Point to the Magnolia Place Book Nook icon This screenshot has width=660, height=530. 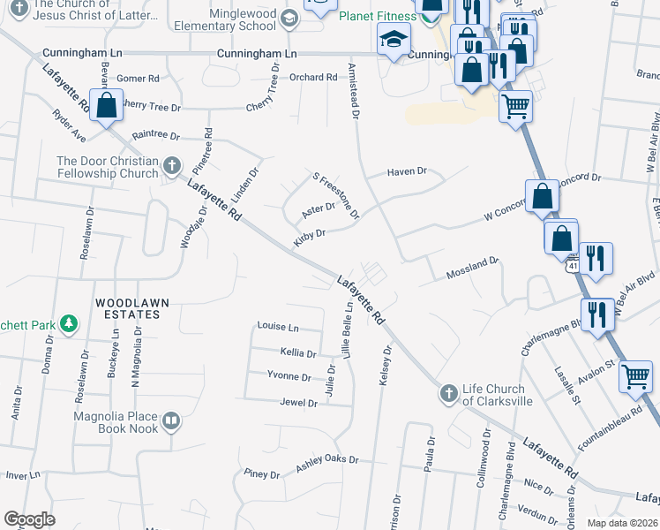(x=172, y=421)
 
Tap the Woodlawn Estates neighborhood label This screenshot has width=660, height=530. (x=132, y=307)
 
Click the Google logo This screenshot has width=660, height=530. (x=29, y=519)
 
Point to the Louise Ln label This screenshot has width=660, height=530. (x=278, y=326)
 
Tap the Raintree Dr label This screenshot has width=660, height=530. (x=155, y=137)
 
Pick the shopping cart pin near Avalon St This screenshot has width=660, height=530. (x=635, y=377)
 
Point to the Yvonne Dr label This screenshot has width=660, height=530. (x=289, y=377)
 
